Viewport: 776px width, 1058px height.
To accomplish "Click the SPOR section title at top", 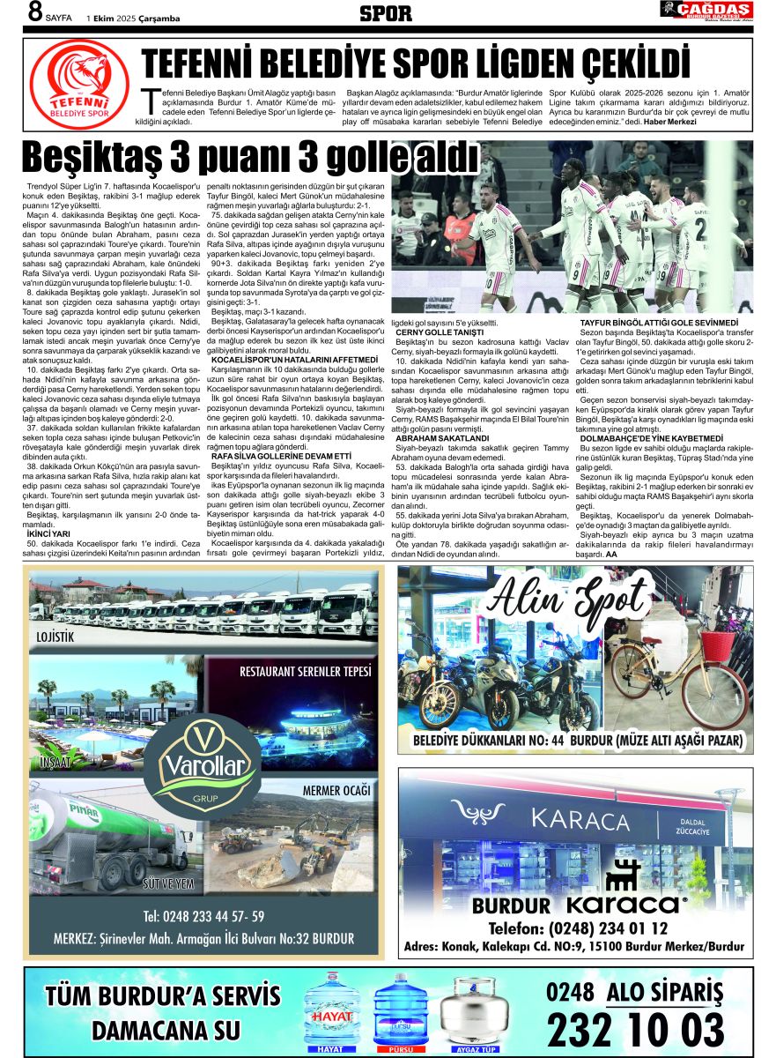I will point(386,13).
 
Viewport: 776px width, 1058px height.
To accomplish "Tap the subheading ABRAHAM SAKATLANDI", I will point(442,437).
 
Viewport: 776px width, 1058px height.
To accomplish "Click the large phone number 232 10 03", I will point(635,1029).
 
